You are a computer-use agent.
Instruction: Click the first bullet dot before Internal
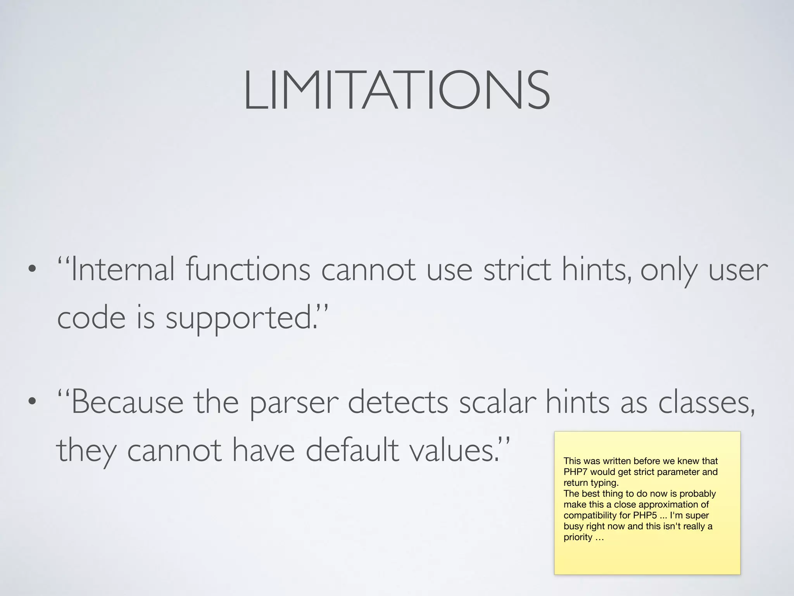coord(32,269)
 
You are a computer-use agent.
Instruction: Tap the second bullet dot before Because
coord(32,402)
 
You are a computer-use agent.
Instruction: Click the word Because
coord(127,403)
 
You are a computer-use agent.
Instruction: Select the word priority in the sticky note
coord(578,537)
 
